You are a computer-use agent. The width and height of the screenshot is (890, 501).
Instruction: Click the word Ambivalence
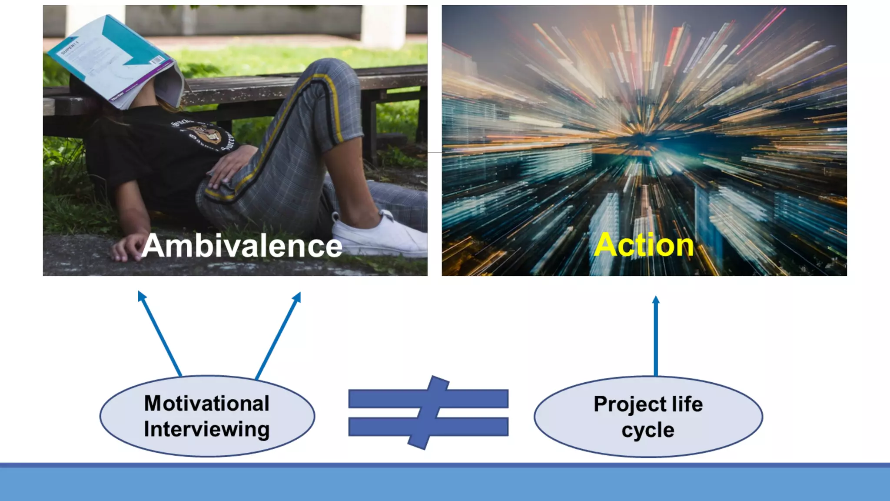click(242, 246)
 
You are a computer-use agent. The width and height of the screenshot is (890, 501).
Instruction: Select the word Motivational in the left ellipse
click(206, 403)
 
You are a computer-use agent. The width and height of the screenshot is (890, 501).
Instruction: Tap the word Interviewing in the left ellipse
click(206, 429)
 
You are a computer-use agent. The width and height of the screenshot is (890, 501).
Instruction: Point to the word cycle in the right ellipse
click(648, 430)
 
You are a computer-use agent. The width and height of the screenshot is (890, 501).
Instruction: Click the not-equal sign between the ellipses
click(428, 412)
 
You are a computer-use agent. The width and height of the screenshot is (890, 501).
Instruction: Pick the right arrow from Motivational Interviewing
click(279, 335)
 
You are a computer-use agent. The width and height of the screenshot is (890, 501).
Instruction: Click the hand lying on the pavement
click(126, 248)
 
